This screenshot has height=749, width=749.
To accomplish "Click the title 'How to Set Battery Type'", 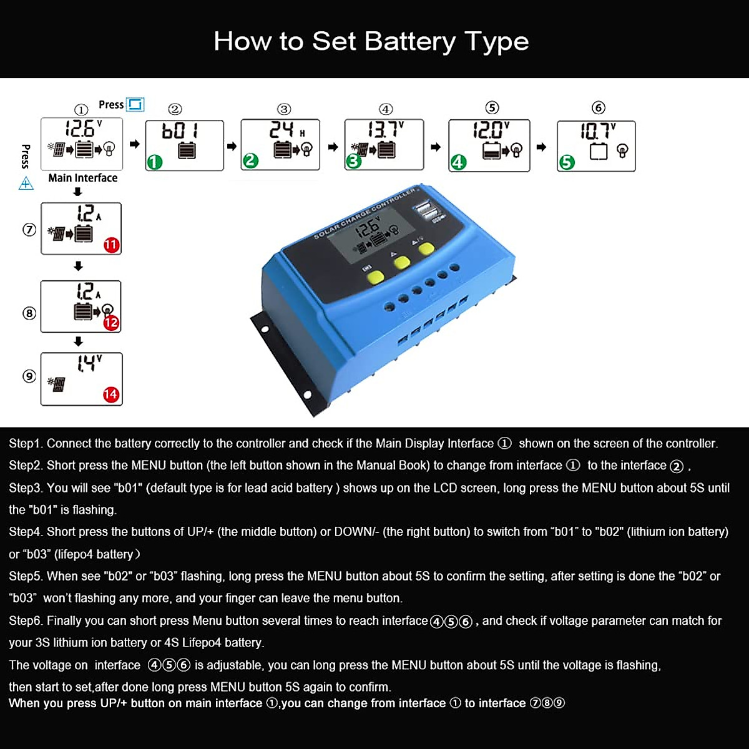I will tap(371, 41).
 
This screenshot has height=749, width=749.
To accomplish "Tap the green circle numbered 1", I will tap(154, 162).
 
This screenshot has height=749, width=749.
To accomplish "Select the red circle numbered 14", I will tap(111, 394).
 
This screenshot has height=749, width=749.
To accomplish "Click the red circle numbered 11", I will tap(111, 245).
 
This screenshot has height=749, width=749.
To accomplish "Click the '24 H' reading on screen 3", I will tap(286, 130).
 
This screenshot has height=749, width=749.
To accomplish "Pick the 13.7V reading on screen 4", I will tap(385, 129).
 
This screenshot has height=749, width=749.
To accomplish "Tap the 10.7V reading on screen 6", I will tap(597, 131).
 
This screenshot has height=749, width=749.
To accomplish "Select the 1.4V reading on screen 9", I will tap(89, 363).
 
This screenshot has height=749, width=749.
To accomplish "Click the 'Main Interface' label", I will tap(82, 178).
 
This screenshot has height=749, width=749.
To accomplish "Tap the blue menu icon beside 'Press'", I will tap(135, 104).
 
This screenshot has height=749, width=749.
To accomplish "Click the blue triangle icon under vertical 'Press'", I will tap(26, 183).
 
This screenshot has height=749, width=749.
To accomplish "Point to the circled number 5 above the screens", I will tap(492, 108).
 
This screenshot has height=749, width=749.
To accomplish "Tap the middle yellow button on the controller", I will tap(401, 263).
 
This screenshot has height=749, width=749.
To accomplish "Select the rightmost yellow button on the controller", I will tap(426, 249).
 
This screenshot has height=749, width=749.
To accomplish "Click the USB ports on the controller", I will tap(428, 211).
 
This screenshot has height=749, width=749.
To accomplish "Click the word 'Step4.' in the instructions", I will tap(26, 532).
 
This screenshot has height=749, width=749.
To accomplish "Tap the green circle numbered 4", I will tap(459, 162).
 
